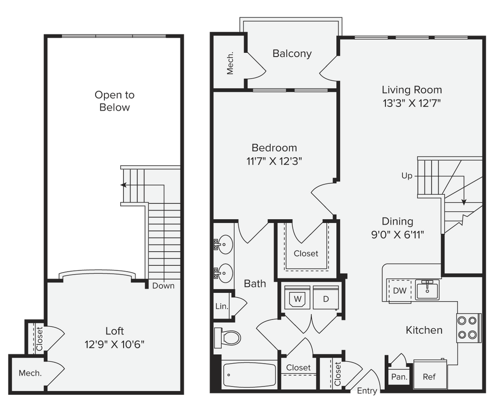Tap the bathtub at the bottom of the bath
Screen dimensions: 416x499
point(249,375)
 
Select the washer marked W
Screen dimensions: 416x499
point(297,299)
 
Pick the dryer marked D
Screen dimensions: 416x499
point(326,299)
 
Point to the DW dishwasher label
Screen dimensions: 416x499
point(399,290)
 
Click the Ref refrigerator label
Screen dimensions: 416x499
point(429,377)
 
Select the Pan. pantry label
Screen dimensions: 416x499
point(399,377)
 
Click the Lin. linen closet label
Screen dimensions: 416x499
point(222,306)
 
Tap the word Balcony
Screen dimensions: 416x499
point(292,54)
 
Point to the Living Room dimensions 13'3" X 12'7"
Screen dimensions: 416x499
point(411,104)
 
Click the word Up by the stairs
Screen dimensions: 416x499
point(407,175)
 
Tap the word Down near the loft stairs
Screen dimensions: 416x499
point(163,286)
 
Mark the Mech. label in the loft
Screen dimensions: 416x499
point(30,373)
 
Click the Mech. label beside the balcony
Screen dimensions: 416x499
point(230,63)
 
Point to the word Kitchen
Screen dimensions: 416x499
point(424,330)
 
